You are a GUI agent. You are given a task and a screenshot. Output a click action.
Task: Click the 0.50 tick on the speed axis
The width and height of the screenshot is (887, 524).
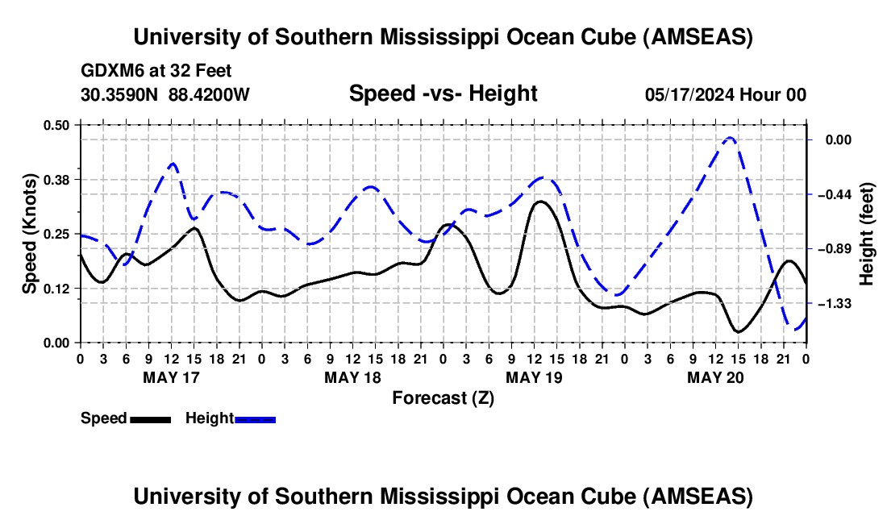(59, 124)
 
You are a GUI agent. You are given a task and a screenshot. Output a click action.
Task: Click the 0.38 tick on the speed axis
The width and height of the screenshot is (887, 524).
(59, 178)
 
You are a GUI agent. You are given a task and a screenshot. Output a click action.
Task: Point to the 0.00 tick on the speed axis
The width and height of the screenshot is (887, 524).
(59, 343)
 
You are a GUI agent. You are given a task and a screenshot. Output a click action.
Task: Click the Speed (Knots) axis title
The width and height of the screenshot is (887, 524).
(30, 234)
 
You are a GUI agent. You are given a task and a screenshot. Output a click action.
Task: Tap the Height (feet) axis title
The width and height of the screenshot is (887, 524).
(867, 234)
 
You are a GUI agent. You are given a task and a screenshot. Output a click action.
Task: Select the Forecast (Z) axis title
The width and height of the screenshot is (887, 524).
(443, 397)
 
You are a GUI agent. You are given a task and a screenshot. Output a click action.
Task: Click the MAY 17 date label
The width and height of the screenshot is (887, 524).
(171, 377)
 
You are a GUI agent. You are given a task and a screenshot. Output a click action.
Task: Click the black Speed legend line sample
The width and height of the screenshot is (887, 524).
(150, 418)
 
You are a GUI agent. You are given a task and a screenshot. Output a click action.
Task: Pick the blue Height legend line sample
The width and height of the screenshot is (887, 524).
(255, 418)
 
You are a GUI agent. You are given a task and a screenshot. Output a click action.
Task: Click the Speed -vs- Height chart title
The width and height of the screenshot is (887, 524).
(443, 94)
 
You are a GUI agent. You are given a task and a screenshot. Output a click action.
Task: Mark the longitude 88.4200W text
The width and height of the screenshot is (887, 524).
(209, 94)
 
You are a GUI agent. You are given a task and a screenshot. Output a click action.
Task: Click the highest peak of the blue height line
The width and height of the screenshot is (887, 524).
(730, 138)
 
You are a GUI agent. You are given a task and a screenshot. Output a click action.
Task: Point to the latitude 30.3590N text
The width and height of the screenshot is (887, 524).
(120, 94)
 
